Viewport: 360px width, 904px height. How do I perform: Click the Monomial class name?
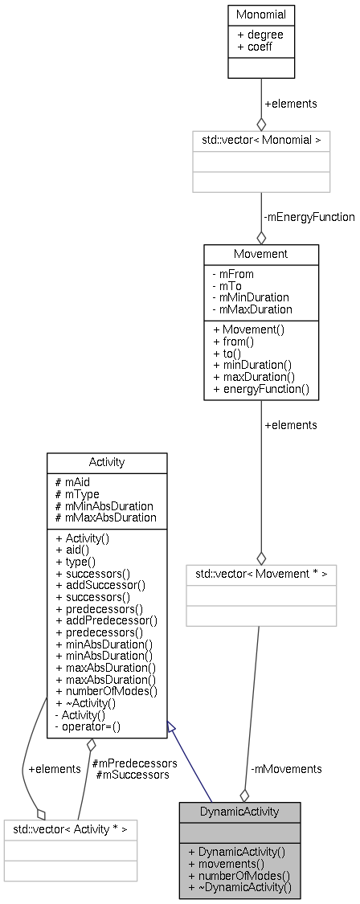(x=260, y=14)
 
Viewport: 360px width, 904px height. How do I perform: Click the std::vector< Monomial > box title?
(x=260, y=139)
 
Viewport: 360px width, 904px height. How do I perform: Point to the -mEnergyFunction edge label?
(x=309, y=217)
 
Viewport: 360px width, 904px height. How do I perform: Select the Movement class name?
(x=260, y=255)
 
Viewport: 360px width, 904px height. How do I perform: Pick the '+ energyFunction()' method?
(x=260, y=389)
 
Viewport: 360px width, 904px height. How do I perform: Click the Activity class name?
(x=107, y=463)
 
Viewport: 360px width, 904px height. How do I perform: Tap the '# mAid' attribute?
(x=72, y=482)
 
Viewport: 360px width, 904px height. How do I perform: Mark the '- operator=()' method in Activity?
(x=87, y=726)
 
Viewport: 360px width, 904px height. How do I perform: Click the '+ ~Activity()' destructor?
(x=85, y=702)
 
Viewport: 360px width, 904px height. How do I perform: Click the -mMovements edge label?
(x=286, y=769)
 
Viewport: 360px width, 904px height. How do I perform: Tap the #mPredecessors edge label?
(x=134, y=763)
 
